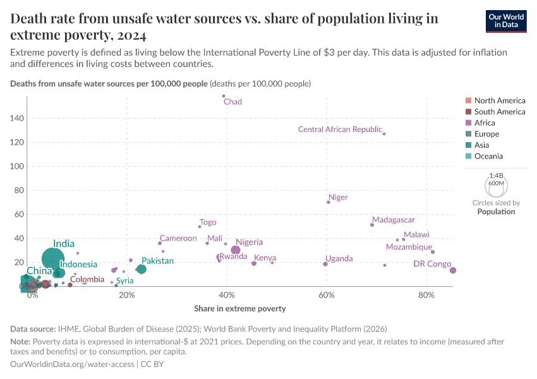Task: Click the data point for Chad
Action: [224, 96]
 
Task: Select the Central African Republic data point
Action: [384, 134]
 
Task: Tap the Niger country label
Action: [338, 197]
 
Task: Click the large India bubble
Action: [54, 258]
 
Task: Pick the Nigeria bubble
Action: [236, 250]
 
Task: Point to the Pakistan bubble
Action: [142, 269]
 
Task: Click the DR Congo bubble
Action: [452, 270]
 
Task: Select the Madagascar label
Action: [393, 220]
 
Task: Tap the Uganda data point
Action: [325, 264]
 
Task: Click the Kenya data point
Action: [254, 263]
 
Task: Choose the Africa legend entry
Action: [485, 123]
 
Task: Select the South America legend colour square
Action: [468, 112]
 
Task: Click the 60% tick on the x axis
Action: [327, 296]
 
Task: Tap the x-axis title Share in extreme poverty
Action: [239, 309]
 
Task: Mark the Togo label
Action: [208, 222]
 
